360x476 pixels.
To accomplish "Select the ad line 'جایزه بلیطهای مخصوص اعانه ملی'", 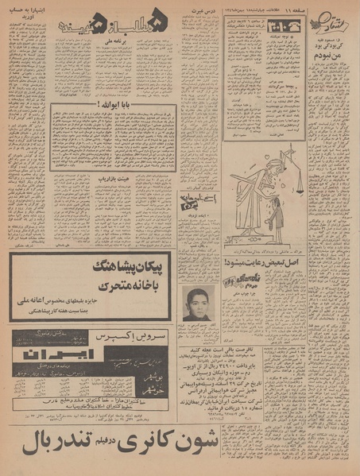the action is coord(102,302).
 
